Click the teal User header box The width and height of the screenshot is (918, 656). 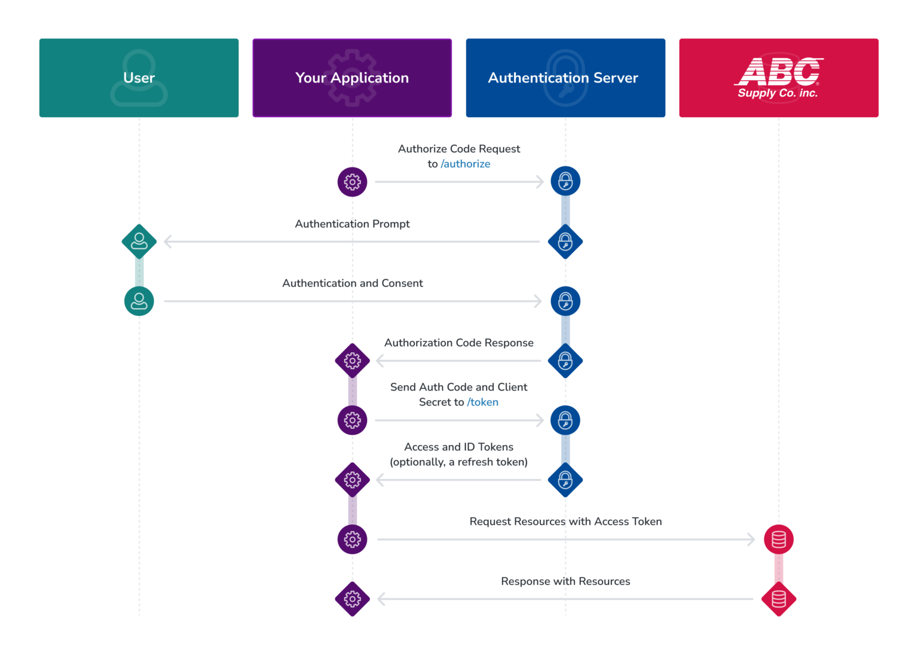click(139, 78)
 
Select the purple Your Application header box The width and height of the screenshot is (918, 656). click(352, 78)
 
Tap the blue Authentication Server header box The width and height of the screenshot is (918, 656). click(565, 78)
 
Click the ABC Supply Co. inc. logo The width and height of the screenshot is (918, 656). click(778, 78)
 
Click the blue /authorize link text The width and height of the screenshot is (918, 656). click(466, 164)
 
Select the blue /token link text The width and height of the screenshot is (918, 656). click(483, 402)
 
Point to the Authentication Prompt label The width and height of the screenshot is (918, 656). click(352, 224)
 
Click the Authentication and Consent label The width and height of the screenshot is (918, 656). click(352, 283)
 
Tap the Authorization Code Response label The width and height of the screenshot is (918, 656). click(458, 343)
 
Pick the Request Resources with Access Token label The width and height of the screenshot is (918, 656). click(565, 521)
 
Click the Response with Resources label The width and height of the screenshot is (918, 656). click(565, 581)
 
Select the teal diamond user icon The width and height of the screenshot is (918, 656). click(139, 242)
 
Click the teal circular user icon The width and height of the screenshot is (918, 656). click(139, 301)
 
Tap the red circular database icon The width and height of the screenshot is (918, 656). click(779, 539)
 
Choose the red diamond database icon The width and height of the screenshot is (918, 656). click(779, 599)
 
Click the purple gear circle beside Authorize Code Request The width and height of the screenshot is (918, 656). click(352, 182)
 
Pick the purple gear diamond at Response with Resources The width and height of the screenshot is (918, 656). click(352, 599)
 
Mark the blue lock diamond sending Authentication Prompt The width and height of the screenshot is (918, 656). click(565, 242)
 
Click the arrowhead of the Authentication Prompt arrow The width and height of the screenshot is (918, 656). click(167, 242)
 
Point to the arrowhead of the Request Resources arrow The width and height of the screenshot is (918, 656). click(751, 539)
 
